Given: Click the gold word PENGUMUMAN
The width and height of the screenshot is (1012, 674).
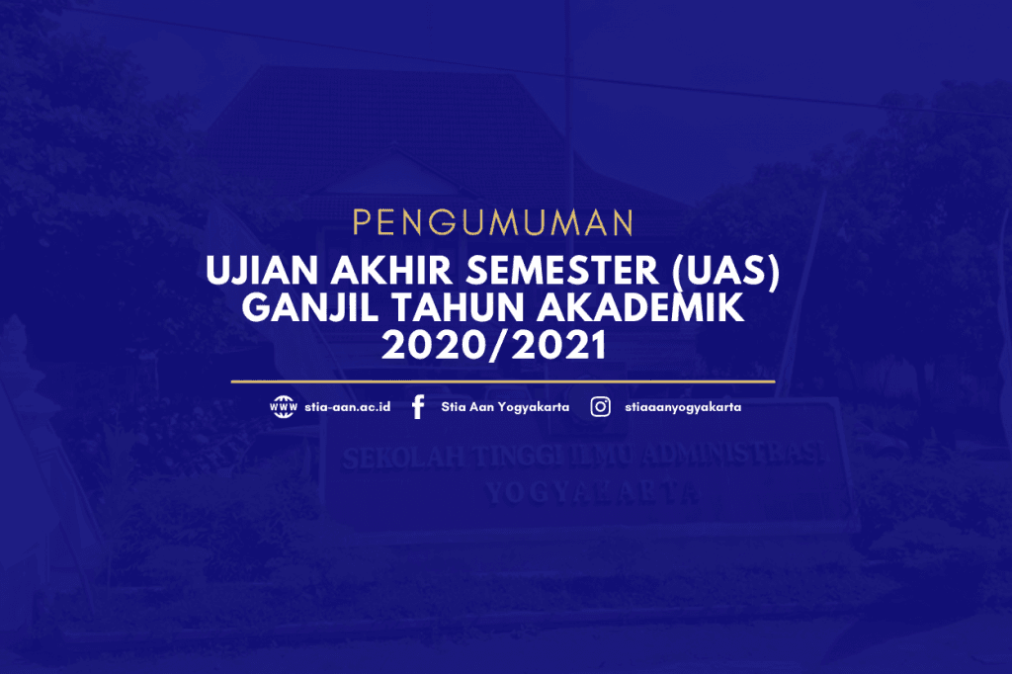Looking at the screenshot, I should [492, 222].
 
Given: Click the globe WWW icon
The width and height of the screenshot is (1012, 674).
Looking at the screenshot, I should [284, 407].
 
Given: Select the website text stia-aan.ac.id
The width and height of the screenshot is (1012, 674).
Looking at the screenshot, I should [347, 407].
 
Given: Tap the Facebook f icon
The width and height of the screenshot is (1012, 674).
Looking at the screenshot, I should [418, 407].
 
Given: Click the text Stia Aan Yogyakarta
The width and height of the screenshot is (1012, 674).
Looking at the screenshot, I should [505, 407].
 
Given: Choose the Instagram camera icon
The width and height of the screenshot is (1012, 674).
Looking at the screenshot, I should [600, 407].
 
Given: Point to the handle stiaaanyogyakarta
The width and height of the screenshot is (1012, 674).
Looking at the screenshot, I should [683, 407].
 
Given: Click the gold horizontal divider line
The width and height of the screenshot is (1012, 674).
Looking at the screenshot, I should [503, 380].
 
